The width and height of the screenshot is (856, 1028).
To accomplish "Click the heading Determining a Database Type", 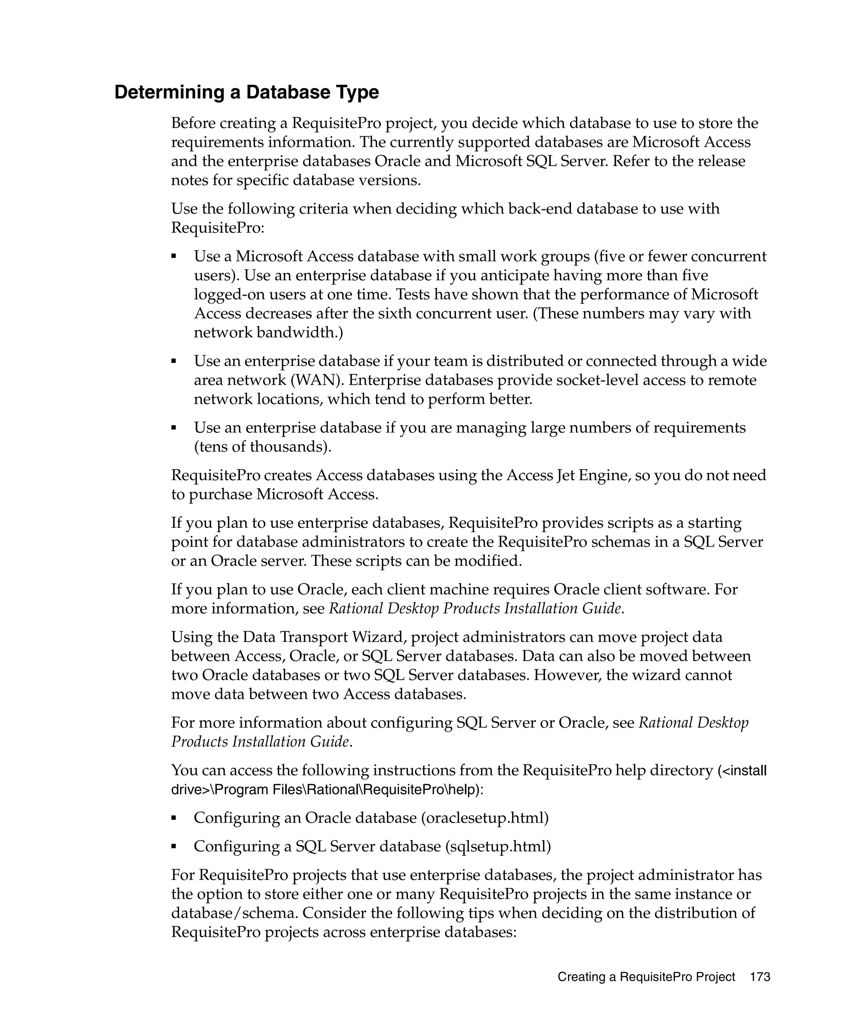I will tap(247, 92).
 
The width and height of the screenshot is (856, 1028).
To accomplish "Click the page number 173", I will tap(759, 977).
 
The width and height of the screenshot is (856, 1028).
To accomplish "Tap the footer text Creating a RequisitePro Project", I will tap(646, 977).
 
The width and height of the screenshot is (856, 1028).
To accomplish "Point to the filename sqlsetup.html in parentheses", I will tap(498, 846).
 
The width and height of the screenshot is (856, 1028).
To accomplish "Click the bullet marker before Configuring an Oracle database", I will tap(173, 818).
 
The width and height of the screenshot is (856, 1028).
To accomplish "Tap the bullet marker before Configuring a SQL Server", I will tap(173, 846).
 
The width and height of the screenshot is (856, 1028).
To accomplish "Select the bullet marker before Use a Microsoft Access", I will tap(173, 256).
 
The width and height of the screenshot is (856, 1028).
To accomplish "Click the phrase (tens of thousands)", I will tap(262, 447).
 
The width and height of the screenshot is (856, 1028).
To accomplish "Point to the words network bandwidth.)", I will tap(268, 333).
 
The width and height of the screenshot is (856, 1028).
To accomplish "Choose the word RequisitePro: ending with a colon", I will tap(217, 228).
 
